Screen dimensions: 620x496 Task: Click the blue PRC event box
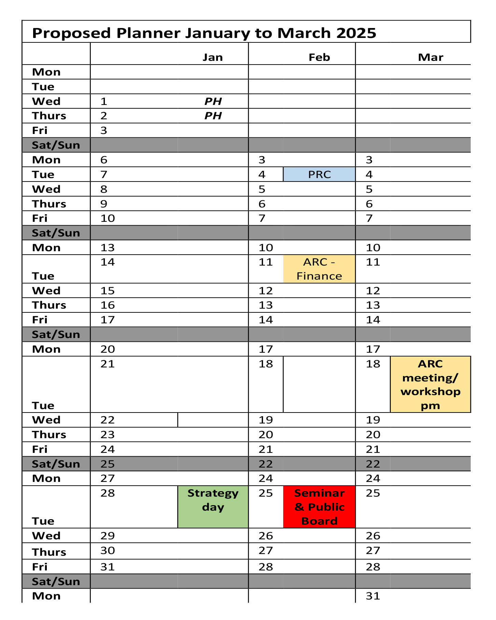point(319,174)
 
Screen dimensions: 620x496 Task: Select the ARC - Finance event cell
point(319,269)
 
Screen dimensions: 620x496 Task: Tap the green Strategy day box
point(213,507)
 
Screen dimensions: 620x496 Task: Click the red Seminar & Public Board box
point(319,507)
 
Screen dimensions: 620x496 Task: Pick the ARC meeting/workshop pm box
point(430,384)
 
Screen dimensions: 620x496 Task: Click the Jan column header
point(212,57)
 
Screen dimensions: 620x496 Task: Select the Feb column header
point(319,57)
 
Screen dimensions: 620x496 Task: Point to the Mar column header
point(430,57)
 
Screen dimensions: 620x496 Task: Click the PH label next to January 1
point(213,101)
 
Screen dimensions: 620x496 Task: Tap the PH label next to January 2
point(213,116)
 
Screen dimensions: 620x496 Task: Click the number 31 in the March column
point(373,596)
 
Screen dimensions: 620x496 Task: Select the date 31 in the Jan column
point(108,567)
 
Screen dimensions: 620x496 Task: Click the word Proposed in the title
point(71,33)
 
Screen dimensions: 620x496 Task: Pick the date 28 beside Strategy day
point(108,493)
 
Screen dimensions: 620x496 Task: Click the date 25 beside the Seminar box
point(266,493)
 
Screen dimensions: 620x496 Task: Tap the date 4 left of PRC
point(262,174)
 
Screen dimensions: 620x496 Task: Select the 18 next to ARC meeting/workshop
point(373,364)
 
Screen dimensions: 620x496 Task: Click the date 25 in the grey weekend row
point(108,464)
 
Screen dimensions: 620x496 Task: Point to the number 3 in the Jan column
point(104,130)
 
